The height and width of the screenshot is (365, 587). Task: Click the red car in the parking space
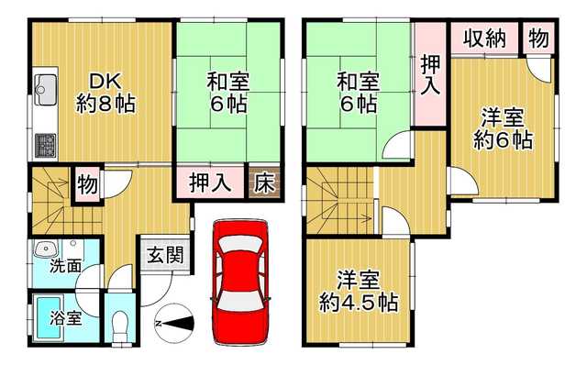coord(240,282)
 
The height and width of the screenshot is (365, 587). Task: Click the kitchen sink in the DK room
coord(46,90)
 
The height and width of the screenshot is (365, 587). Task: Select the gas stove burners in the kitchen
coord(46,145)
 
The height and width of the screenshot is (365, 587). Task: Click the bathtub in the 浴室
coord(47,318)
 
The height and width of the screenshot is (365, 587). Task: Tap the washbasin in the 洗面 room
coord(46,249)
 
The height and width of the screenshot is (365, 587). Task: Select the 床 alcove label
coord(264,183)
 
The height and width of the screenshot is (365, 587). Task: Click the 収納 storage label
coord(485,39)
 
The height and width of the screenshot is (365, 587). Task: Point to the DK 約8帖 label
coord(105,94)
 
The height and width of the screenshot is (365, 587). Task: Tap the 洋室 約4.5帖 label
coord(359,292)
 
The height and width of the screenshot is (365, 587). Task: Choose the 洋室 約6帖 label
coord(503,128)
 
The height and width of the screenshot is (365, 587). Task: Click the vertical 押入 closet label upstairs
coord(430,74)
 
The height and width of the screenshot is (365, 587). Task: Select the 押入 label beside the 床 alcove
coord(210,182)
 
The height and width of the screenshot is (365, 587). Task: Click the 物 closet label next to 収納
coord(538,38)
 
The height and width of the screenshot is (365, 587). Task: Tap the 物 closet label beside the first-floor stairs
coord(87,184)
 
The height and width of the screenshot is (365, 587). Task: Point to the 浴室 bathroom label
coord(65,319)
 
